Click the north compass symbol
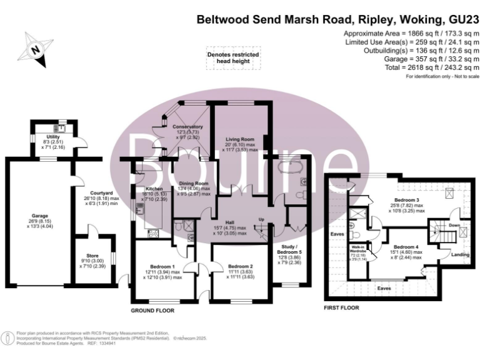coord(35,49)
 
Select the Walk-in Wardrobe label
coord(358,251)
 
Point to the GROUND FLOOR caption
coord(152,310)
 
